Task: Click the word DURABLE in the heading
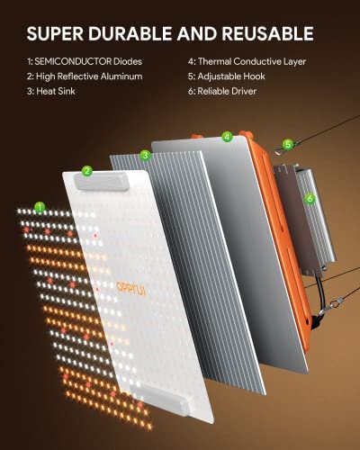[x=130, y=33]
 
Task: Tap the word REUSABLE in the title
[x=267, y=33]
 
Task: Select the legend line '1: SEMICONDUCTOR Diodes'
[x=85, y=61]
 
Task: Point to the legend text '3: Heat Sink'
[x=51, y=91]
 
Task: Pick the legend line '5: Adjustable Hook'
[x=227, y=76]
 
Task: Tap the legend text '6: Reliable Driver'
[x=222, y=91]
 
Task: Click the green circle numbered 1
[x=40, y=207]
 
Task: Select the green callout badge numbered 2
[x=87, y=171]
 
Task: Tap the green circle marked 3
[x=145, y=156]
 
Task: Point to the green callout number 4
[x=227, y=137]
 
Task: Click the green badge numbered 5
[x=288, y=145]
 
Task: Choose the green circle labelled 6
[x=310, y=198]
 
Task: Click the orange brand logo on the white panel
[x=131, y=289]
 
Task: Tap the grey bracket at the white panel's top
[x=102, y=181]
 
